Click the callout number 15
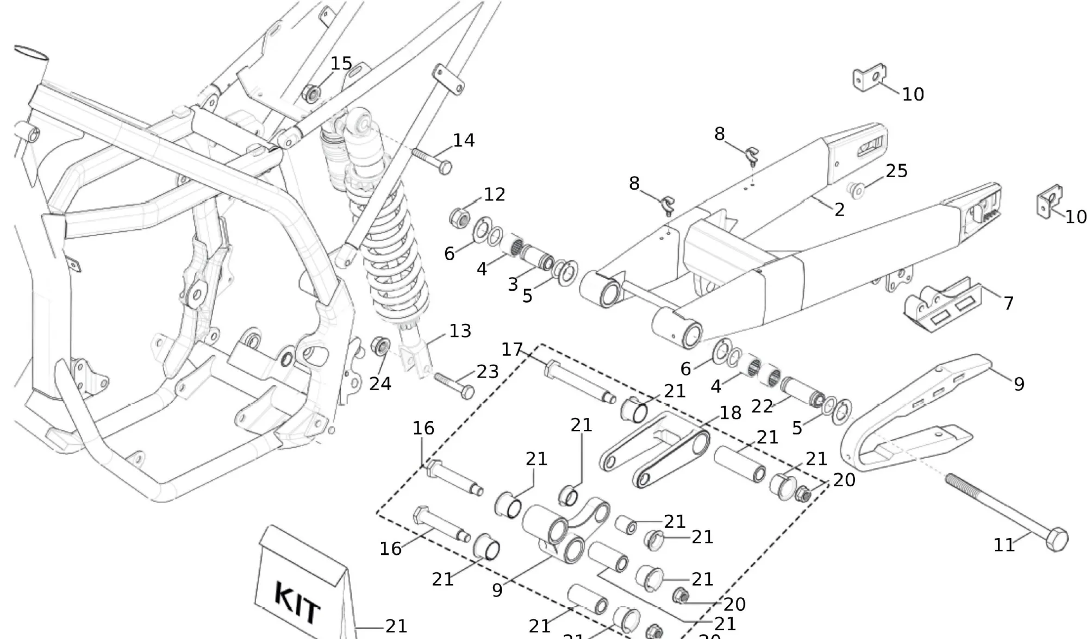point(341,64)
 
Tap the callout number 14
point(464,141)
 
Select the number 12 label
point(494,195)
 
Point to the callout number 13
point(460,331)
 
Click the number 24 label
point(380,384)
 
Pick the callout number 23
point(488,372)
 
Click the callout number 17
point(512,349)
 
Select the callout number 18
point(730,413)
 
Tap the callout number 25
point(896,171)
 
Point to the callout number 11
point(1004,545)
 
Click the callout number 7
point(1008,303)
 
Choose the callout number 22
point(762,406)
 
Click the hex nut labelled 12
point(459,218)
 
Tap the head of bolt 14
point(445,167)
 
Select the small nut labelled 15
point(311,94)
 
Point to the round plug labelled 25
point(857,190)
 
